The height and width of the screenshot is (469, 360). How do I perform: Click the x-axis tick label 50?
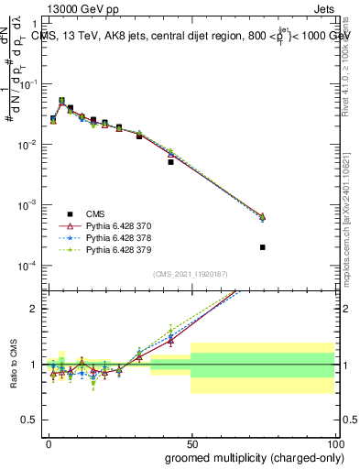pos(191,442)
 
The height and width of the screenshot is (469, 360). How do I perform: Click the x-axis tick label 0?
pos(48,442)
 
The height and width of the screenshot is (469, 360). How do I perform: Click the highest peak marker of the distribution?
pos(62,101)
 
